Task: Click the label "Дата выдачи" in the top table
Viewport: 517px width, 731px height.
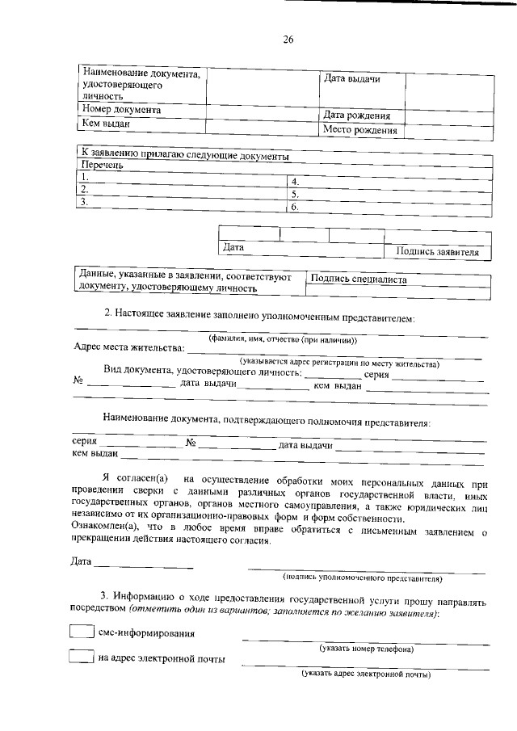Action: tap(352, 78)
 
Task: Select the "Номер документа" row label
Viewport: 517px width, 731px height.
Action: tap(121, 109)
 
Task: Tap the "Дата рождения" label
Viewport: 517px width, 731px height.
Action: tap(357, 116)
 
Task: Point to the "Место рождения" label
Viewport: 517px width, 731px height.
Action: tap(360, 129)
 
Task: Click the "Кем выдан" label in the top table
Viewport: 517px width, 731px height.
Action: tap(106, 124)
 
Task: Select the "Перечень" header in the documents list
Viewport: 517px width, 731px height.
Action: tap(103, 165)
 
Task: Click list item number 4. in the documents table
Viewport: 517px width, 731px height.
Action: tap(295, 182)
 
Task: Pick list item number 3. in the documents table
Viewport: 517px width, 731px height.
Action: tap(83, 202)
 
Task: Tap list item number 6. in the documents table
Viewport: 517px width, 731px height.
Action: tap(295, 207)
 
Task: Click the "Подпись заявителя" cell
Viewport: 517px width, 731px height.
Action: tap(437, 252)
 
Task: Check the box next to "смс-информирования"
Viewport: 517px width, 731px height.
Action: tap(81, 633)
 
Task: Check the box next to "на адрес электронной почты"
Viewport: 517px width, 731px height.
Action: tap(81, 658)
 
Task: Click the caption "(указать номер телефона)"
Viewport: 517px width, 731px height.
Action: tap(366, 649)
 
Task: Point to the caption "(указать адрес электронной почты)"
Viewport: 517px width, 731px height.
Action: tap(366, 674)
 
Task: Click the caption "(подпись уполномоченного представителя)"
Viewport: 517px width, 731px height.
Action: tap(362, 578)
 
